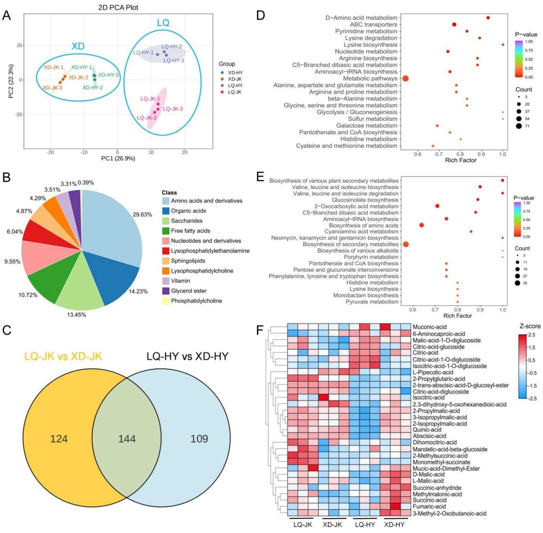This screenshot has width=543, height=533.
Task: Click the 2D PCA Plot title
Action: click(118, 8)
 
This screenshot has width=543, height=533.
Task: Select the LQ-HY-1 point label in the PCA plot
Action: click(143, 53)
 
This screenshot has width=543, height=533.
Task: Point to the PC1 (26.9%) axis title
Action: click(118, 159)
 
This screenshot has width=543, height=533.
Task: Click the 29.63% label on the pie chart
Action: click(142, 215)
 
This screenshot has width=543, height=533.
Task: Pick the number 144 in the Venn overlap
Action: click(127, 438)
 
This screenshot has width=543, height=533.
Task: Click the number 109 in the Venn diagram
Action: click(199, 438)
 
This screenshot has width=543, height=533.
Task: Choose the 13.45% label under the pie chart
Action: click(76, 315)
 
